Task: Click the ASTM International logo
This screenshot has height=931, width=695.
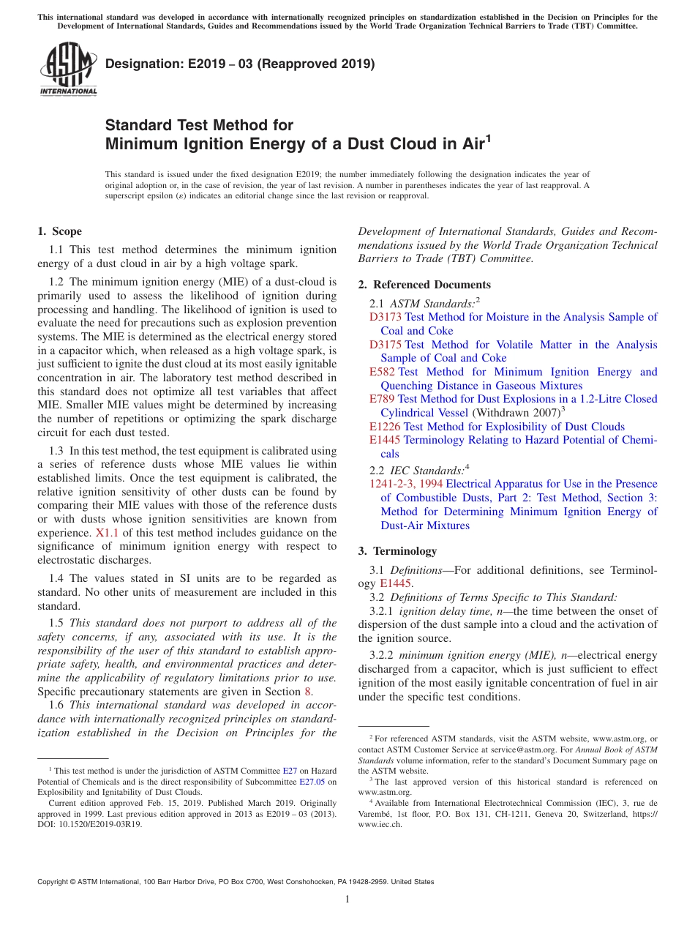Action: point(67,70)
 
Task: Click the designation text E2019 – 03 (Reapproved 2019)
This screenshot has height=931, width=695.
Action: point(240,64)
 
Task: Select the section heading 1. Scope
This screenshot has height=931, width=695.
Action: point(59,232)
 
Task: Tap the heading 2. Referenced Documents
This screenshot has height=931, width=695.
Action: point(424,285)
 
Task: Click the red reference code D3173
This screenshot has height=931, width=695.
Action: point(386,317)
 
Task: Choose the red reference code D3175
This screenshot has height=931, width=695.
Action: point(386,345)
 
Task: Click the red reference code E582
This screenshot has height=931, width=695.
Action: point(382,372)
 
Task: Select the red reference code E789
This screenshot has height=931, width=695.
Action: point(382,399)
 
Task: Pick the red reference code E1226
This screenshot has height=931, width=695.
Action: point(385,427)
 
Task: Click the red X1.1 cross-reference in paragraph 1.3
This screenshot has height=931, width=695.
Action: point(105,533)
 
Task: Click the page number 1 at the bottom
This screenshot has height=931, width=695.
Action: point(347,899)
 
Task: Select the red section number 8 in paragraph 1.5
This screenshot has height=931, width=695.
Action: point(308,690)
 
